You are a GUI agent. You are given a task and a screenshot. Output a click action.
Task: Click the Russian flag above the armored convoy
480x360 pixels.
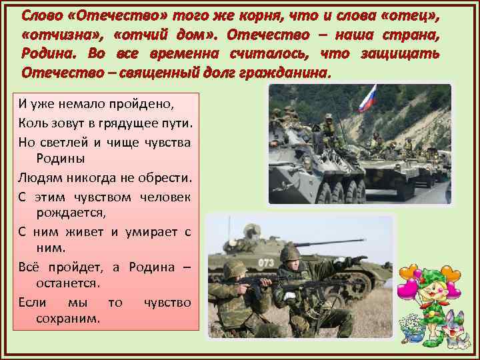coord(367,97)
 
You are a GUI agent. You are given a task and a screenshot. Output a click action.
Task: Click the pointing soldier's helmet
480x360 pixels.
coord(289,253)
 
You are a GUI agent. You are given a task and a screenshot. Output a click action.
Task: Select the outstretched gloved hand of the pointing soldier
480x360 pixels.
coord(359,260)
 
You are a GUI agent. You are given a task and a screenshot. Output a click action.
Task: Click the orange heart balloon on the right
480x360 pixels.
coord(451,274)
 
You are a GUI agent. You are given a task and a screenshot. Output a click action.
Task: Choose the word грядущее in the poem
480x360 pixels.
coord(116,123)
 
